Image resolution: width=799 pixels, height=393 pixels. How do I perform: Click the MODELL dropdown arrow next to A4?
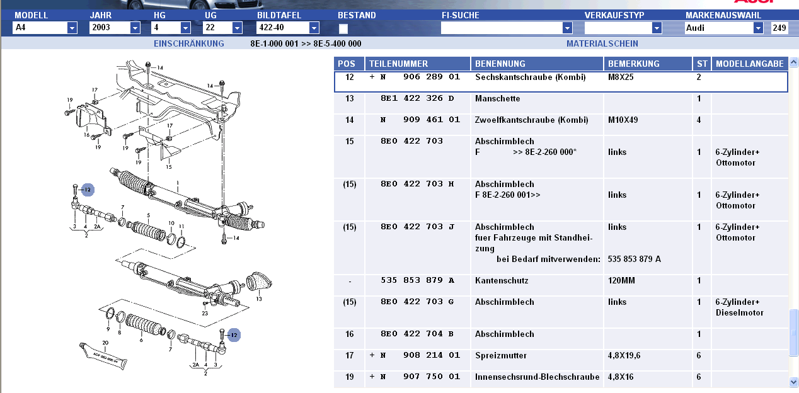72,28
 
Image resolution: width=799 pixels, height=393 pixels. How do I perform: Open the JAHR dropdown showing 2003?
135,28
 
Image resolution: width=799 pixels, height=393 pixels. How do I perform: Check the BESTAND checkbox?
343,28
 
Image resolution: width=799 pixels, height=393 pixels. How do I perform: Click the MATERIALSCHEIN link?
602,43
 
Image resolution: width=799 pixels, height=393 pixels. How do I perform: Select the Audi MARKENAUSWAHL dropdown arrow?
758,28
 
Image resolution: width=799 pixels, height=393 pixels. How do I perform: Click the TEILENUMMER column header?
398,64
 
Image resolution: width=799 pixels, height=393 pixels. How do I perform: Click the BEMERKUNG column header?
633,64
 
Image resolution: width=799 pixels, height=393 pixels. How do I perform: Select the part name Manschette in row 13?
497,99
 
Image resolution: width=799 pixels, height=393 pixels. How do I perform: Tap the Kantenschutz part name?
502,281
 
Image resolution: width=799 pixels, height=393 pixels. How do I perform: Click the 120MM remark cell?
621,281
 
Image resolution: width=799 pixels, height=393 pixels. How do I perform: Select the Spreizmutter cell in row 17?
501,356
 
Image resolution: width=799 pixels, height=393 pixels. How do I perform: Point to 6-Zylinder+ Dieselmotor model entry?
739,307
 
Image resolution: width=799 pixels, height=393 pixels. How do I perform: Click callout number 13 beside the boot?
259,299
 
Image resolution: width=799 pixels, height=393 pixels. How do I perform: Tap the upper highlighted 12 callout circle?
87,190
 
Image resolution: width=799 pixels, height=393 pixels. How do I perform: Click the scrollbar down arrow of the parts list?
793,382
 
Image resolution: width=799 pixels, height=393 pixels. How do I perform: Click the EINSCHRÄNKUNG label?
189,43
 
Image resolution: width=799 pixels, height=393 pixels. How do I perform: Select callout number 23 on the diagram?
205,313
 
